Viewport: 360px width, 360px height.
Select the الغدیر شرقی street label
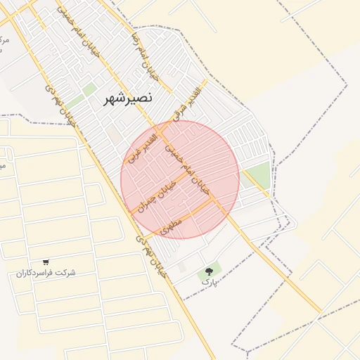[x=186, y=106]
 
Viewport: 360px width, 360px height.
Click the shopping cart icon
[x=46, y=262]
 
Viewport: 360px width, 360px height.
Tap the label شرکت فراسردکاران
[x=46, y=273]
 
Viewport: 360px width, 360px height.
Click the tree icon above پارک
[x=209, y=271]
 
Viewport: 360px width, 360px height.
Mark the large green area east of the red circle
[x=259, y=174]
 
